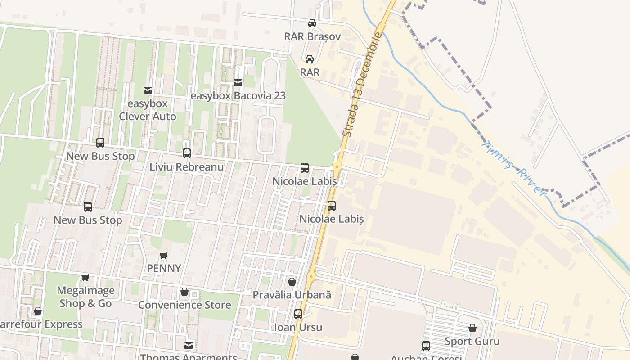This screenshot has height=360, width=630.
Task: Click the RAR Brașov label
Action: coord(312,36)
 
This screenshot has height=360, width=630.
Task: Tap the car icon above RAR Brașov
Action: coord(312,23)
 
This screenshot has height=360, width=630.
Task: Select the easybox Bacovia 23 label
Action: coord(238,96)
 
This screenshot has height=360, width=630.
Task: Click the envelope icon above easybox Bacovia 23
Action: coord(238,83)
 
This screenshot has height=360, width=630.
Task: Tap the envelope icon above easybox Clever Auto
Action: coord(148,90)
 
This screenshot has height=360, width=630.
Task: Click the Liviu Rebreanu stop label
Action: coord(187,166)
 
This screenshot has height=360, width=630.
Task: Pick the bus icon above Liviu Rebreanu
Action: coord(187,153)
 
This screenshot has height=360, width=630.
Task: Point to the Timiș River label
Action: coord(513,167)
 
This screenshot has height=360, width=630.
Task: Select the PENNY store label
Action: coord(164,268)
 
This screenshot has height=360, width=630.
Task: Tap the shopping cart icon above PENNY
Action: coord(164,255)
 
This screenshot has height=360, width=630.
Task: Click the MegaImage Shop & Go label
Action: coord(85,297)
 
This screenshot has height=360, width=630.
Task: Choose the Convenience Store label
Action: coord(184,305)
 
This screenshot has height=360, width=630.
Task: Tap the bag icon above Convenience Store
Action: coord(184,292)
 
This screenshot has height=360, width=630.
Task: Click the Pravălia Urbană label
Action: coord(292,295)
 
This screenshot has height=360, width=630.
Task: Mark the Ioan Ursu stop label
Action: coord(298,327)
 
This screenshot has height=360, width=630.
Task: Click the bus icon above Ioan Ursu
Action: coord(298,314)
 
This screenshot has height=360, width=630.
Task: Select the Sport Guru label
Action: coord(472,341)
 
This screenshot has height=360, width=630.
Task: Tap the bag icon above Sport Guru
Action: coord(472,328)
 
